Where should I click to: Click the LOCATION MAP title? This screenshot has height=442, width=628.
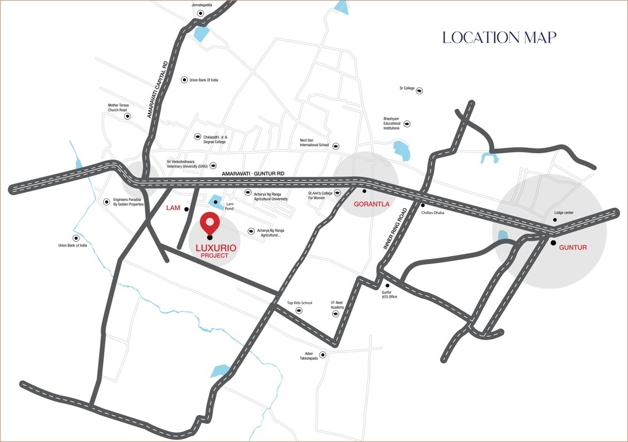499,37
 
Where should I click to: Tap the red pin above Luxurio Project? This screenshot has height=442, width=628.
210,223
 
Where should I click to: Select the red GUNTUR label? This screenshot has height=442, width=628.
573,247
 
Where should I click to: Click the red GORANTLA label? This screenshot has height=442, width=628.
371,204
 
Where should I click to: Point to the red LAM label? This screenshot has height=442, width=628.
173,207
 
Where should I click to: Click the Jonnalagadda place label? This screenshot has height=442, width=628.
202,5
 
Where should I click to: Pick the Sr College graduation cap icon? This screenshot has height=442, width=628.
420,90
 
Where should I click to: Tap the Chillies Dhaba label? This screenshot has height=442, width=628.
435,212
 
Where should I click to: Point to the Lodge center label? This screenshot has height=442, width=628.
564,213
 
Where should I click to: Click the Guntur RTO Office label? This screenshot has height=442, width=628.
390,294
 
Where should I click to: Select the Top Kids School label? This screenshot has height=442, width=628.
299,303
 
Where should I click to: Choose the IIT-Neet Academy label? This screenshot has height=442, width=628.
337,305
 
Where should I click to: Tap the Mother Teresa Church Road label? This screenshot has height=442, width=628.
118,108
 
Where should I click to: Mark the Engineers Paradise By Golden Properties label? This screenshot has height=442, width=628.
128,201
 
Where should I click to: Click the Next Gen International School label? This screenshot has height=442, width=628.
314,143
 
